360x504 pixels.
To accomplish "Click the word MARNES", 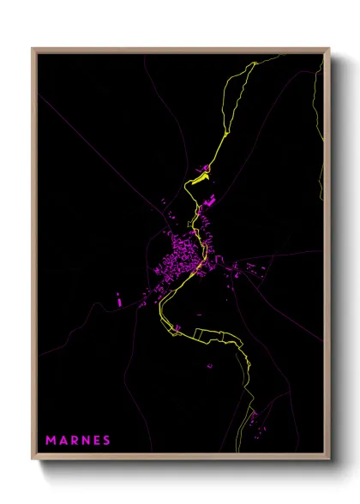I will pyautogui.click(x=78, y=441).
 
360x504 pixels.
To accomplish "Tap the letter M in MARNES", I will pyautogui.click(x=51, y=441).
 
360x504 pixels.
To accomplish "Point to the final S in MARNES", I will pyautogui.click(x=106, y=441).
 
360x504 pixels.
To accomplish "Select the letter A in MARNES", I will pyautogui.click(x=63, y=441).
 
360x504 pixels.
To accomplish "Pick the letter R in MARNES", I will pyautogui.click(x=73, y=441).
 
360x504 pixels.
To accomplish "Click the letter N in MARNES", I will pyautogui.click(x=84, y=441).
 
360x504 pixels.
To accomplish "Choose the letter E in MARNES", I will pyautogui.click(x=95, y=441).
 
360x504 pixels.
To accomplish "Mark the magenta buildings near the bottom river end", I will pyautogui.click(x=253, y=419).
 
